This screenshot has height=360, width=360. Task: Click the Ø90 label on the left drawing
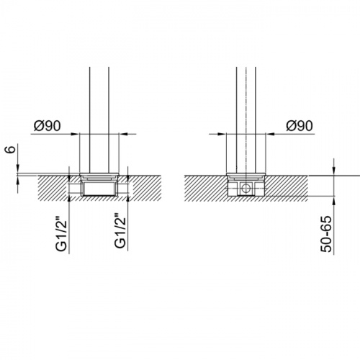click(x=48, y=126)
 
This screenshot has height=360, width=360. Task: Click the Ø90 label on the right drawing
click(x=300, y=126)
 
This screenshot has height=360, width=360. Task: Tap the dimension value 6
click(x=11, y=149)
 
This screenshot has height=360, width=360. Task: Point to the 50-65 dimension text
click(x=326, y=234)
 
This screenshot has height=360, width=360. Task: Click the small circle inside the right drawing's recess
click(x=246, y=188)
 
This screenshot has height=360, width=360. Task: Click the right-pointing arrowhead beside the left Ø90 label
click(x=75, y=134)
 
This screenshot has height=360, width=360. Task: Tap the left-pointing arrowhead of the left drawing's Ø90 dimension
click(x=122, y=134)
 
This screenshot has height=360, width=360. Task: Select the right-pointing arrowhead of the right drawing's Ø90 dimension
click(x=222, y=134)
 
